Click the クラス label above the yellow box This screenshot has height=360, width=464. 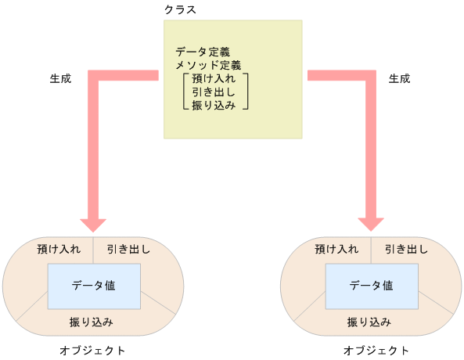pos(180,9)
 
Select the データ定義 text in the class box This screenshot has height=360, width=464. pos(203,52)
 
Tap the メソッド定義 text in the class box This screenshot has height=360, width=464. pos(208,66)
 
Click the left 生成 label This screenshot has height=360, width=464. pos(60,79)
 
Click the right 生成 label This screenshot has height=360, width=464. pos(400,79)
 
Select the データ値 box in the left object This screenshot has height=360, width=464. pos(94,286)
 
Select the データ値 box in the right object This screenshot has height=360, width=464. pos(372,286)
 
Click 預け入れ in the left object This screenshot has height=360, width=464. pos(59,250)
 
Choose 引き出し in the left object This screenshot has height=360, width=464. pos(129,250)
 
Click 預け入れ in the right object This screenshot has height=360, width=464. pos(336,250)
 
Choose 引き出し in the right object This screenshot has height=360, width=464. pos(407,250)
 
